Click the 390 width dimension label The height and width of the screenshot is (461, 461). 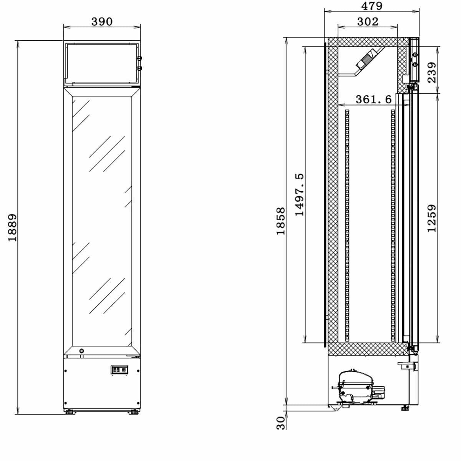[102, 22]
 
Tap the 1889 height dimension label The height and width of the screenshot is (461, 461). [12, 227]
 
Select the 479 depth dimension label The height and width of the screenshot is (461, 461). [371, 6]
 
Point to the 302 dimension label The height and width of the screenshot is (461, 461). [368, 22]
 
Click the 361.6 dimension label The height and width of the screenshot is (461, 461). [373, 99]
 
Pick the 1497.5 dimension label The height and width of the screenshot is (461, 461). [299, 194]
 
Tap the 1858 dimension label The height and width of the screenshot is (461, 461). [281, 221]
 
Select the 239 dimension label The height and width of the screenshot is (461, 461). [431, 73]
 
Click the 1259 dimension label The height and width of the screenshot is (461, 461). [431, 218]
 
